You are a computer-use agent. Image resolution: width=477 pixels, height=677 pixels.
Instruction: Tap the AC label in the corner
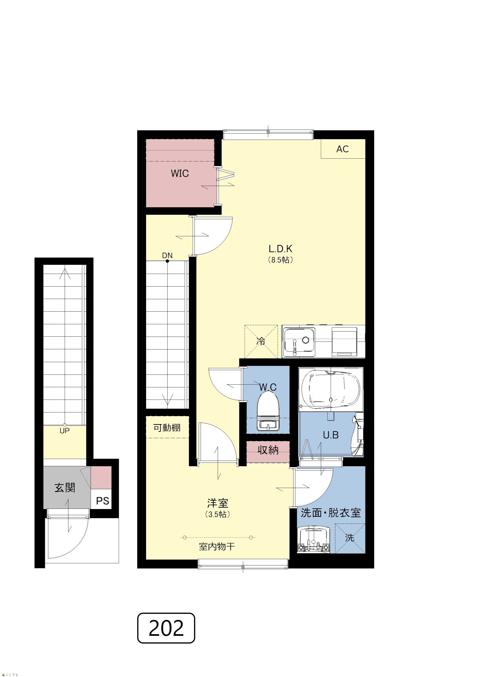click(342, 149)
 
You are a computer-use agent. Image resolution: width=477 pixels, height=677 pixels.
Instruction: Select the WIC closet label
click(180, 173)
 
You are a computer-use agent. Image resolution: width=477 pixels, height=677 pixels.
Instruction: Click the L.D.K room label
click(280, 249)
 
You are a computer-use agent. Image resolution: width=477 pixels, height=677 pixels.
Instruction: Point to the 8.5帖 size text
click(280, 260)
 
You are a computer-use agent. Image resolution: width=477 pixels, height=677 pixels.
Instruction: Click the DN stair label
click(167, 255)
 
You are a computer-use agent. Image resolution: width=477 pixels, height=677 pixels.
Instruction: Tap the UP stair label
click(65, 431)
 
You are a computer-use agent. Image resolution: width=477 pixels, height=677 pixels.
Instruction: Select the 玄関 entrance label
click(65, 488)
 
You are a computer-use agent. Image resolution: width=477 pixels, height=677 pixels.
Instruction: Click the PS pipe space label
click(103, 501)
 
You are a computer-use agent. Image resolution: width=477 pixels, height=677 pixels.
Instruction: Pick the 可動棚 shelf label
click(167, 428)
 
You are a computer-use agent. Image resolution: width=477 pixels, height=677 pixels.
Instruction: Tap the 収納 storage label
click(268, 450)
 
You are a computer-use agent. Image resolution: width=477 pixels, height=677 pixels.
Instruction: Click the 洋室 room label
click(218, 503)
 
